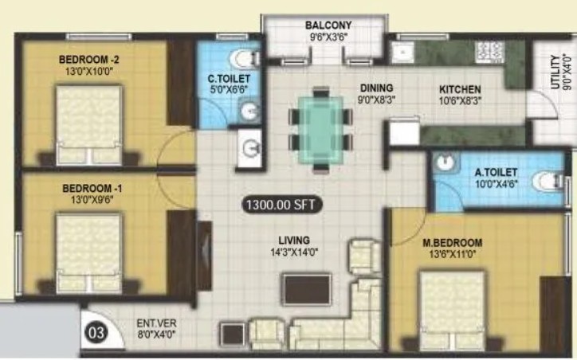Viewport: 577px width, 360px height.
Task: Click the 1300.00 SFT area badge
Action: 282,205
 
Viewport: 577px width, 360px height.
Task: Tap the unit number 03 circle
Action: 96,333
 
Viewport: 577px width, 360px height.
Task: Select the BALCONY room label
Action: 328,25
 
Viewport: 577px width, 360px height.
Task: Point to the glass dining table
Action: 321,130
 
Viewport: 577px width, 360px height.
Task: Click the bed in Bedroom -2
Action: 89,125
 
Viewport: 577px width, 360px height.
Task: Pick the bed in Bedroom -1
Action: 89,254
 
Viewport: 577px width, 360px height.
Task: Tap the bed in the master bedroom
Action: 452,311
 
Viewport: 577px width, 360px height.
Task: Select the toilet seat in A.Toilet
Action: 548,182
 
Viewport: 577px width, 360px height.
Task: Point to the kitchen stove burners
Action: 489,51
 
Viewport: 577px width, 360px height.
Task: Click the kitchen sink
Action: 402,53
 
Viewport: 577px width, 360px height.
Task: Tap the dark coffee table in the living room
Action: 307,289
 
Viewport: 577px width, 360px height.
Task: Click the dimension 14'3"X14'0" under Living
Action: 294,252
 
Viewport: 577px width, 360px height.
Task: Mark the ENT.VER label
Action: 156,323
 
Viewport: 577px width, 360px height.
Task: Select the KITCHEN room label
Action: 460,89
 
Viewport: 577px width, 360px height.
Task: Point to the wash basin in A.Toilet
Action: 446,162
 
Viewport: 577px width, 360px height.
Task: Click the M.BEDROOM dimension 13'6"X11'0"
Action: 452,254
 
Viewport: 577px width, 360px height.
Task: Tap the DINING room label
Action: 376,88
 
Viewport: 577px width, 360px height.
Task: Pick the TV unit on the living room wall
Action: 204,256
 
